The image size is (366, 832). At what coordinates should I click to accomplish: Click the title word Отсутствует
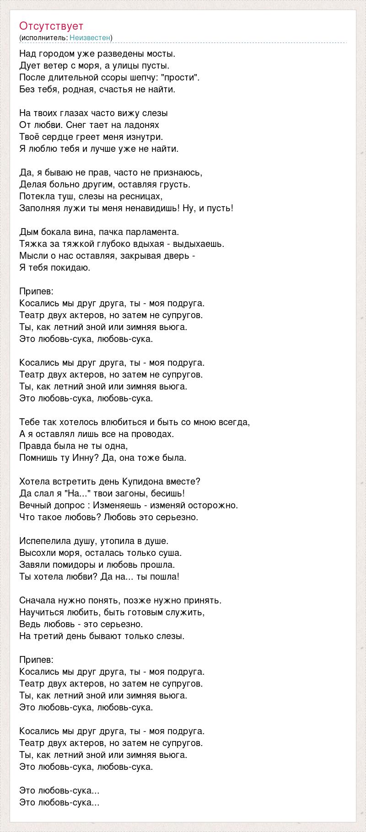[51, 26]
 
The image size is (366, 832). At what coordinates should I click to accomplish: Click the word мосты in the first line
[163, 53]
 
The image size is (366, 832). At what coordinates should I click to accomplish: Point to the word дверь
[179, 256]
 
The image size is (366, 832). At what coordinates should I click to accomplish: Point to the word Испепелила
[45, 541]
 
